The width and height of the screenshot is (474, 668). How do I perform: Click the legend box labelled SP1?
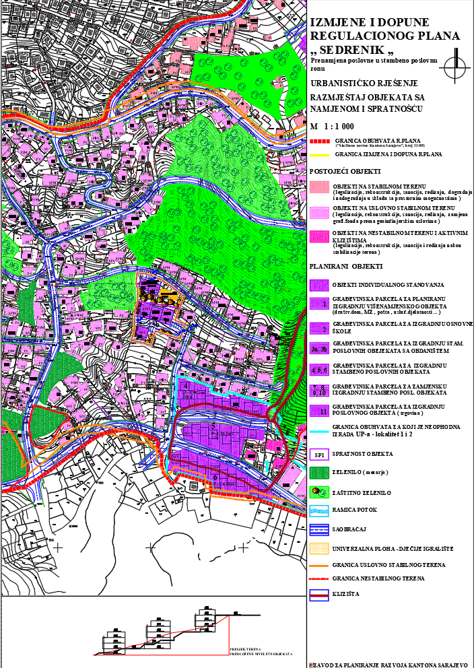[x=319, y=456]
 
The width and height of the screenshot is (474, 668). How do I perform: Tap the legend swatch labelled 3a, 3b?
[x=319, y=349]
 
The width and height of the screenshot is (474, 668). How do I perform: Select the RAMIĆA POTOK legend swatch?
[x=319, y=510]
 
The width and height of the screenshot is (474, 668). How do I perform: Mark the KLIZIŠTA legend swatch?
[x=319, y=595]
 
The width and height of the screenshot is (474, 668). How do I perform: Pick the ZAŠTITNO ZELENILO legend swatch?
[x=319, y=492]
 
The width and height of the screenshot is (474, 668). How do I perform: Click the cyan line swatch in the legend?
[x=319, y=432]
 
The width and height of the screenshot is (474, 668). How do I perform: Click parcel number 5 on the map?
[x=213, y=426]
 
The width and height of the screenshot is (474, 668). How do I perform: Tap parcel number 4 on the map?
[x=185, y=386]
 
